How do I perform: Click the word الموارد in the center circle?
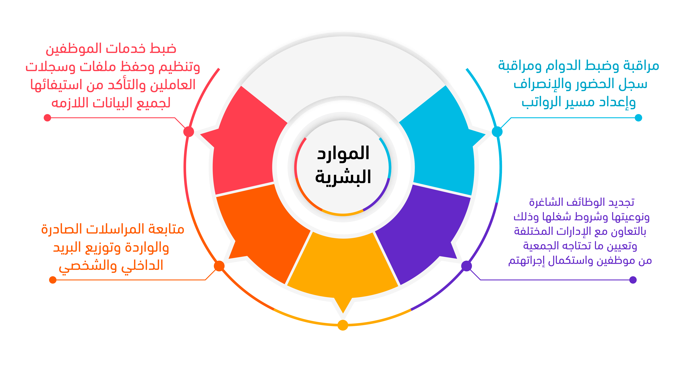343,153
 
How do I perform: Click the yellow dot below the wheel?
343,325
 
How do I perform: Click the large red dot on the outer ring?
188,132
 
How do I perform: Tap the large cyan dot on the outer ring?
497,132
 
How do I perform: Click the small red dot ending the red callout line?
47,118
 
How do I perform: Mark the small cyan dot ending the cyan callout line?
638,118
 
